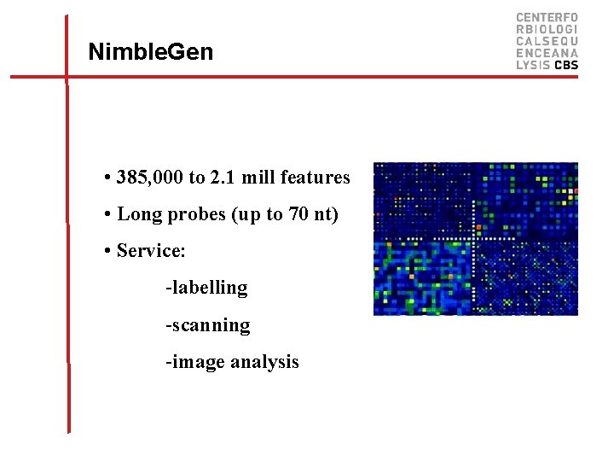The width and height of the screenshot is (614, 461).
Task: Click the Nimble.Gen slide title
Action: coord(151,53)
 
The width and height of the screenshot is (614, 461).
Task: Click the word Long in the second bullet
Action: coord(136,214)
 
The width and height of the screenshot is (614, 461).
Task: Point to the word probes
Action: coord(192,215)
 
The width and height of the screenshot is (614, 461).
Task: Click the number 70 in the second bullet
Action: coord(298,214)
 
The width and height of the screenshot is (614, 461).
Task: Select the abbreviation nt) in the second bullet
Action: coord(326,214)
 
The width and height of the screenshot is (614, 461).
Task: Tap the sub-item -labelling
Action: coord(206,288)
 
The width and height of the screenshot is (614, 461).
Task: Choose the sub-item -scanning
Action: coord(207,325)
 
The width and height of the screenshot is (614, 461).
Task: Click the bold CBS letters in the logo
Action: coord(566,65)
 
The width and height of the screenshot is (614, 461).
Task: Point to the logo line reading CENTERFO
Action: coord(547,17)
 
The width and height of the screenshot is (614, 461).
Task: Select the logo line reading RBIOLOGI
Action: coord(547,29)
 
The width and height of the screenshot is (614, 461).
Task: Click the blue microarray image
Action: coord(475,238)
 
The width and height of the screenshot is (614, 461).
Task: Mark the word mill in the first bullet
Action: coord(258,178)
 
